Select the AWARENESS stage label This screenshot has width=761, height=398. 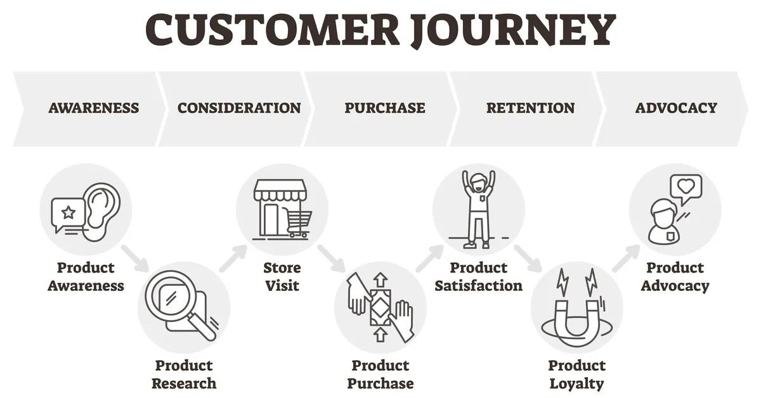click(x=94, y=108)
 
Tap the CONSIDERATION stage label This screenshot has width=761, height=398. click(x=239, y=108)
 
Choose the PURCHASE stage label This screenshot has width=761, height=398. click(x=385, y=108)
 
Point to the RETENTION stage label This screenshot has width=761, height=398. click(x=530, y=108)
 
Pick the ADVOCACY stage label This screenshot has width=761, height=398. click(x=676, y=108)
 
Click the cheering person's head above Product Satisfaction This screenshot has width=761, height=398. click(x=478, y=180)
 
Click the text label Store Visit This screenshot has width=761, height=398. click(x=282, y=276)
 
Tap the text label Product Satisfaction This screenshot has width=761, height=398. click(x=478, y=276)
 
